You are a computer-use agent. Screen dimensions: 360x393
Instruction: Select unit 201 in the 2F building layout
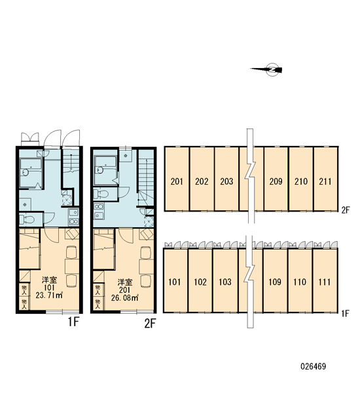click(x=177, y=179)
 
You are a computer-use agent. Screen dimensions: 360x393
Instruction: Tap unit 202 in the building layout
click(x=202, y=179)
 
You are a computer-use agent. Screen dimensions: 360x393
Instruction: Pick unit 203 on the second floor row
click(x=226, y=179)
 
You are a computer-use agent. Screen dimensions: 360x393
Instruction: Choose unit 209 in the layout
click(x=276, y=179)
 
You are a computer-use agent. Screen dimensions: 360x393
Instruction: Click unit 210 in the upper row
click(x=300, y=179)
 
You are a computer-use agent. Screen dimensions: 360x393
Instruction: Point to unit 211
click(x=325, y=179)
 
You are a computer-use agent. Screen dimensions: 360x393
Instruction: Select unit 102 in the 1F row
click(x=200, y=280)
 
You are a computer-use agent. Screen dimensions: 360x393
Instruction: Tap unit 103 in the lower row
click(x=225, y=280)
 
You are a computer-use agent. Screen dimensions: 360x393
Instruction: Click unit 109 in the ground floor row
click(x=275, y=280)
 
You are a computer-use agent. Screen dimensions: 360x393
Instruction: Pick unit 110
click(x=300, y=280)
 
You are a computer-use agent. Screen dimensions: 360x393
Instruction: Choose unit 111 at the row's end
click(x=325, y=280)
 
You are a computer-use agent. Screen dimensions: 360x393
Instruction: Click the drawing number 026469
click(x=313, y=366)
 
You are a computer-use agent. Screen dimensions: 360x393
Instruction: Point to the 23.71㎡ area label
click(x=49, y=295)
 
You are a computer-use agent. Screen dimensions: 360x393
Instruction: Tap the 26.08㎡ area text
click(x=125, y=297)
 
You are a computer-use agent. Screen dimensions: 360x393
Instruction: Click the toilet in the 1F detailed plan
click(x=27, y=220)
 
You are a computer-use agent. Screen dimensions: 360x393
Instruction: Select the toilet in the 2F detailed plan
click(x=101, y=194)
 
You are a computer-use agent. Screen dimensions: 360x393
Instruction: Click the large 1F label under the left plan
click(x=74, y=322)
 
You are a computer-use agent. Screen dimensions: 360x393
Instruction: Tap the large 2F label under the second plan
click(x=150, y=324)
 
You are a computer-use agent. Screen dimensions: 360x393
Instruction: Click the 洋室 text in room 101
click(x=49, y=280)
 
